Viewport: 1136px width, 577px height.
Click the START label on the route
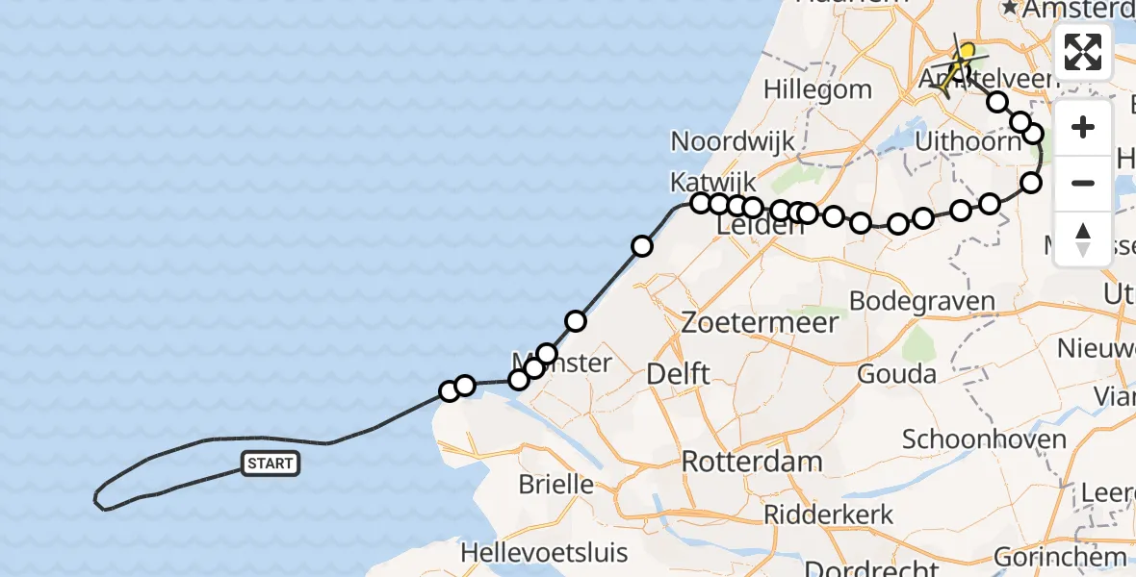[x=271, y=464]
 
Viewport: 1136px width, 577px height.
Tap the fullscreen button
[x=1083, y=51]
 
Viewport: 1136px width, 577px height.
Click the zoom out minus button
[x=1083, y=183]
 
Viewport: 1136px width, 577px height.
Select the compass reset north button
[x=1083, y=238]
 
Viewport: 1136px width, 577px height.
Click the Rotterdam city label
[x=752, y=462]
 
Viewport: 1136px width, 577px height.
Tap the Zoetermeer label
[x=760, y=322]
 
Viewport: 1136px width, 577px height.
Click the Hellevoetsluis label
[x=544, y=554]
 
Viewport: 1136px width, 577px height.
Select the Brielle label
[x=556, y=484]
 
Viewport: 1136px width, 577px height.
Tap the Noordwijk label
[x=733, y=141]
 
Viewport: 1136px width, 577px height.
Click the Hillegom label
[x=817, y=89]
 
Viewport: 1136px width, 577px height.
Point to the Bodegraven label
[x=921, y=301]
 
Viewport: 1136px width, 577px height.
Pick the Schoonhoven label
[x=984, y=440]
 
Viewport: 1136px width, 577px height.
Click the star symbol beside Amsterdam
[x=1010, y=8]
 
